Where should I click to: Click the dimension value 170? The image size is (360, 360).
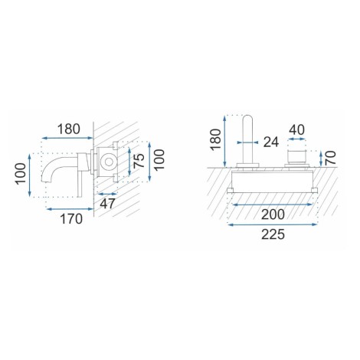(71, 219)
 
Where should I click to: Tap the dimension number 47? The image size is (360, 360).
(107, 204)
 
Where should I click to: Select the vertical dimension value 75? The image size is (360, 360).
(139, 161)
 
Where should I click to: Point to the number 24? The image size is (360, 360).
(271, 142)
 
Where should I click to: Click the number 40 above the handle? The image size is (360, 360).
(296, 129)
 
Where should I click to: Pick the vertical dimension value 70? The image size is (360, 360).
(331, 158)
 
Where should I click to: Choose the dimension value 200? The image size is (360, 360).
(273, 214)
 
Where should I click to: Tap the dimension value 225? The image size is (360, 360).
(273, 234)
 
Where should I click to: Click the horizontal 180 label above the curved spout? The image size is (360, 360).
(69, 129)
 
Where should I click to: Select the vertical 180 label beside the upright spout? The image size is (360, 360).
(216, 139)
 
